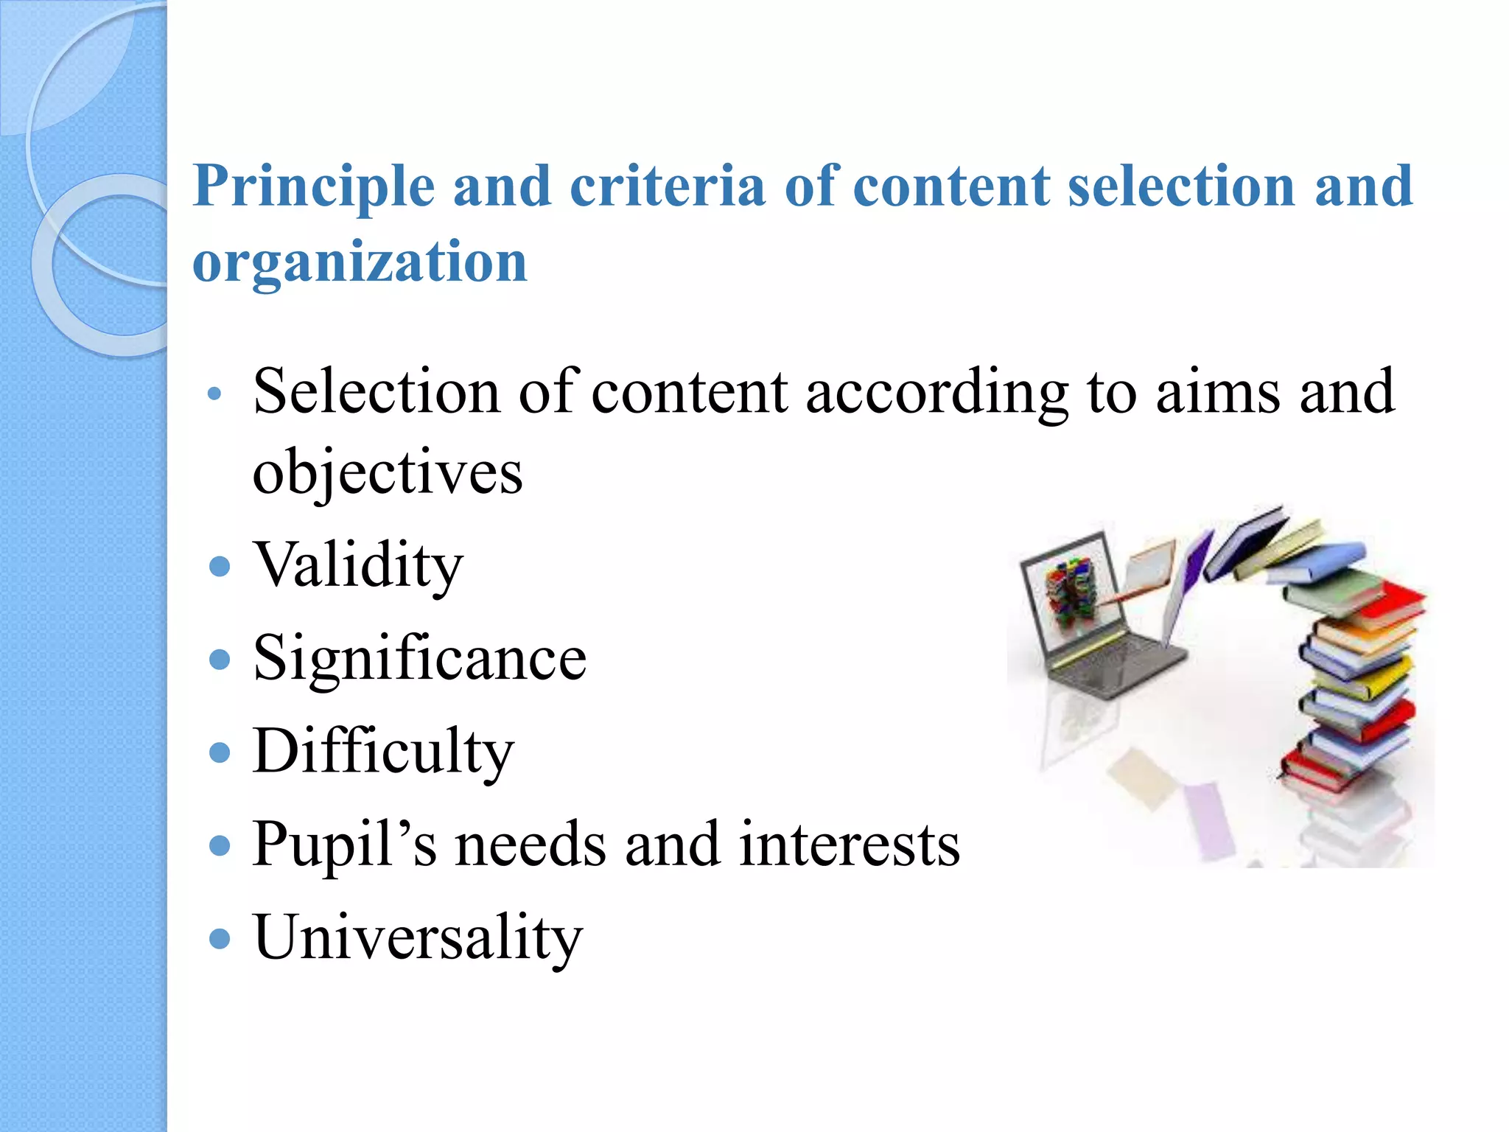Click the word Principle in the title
point(314,187)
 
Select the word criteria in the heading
point(668,186)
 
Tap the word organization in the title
point(360,262)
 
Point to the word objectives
point(388,472)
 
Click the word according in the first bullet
point(936,392)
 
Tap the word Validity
point(358,566)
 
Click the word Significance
point(420,658)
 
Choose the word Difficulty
point(383,752)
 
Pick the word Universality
point(418,938)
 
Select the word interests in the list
point(850,845)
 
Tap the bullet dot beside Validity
point(220,567)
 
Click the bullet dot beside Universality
point(220,939)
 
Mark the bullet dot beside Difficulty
point(220,752)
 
